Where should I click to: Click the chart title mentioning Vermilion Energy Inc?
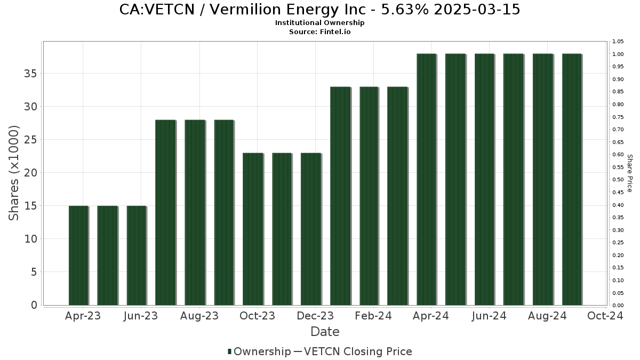click(x=319, y=10)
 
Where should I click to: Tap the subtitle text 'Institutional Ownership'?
click(x=319, y=23)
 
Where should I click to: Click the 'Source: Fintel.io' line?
click(x=319, y=31)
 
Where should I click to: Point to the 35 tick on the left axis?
click(x=30, y=74)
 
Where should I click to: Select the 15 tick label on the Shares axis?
click(x=30, y=206)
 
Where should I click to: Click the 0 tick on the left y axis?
click(x=34, y=305)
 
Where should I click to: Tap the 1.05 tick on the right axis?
click(x=618, y=42)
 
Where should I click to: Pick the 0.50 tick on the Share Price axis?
click(x=618, y=180)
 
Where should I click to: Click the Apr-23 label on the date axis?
click(x=83, y=316)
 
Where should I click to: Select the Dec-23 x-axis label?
click(x=315, y=316)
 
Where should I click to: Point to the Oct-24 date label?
click(x=605, y=316)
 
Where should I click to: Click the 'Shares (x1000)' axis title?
click(x=13, y=173)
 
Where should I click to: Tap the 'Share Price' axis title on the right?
click(x=630, y=173)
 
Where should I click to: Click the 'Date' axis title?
click(x=325, y=332)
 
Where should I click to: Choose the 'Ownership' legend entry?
click(x=259, y=351)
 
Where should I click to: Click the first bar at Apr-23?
click(x=78, y=255)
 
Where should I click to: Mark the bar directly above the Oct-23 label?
click(x=253, y=229)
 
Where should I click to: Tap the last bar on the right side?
click(x=572, y=179)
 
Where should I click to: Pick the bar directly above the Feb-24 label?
click(x=369, y=196)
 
